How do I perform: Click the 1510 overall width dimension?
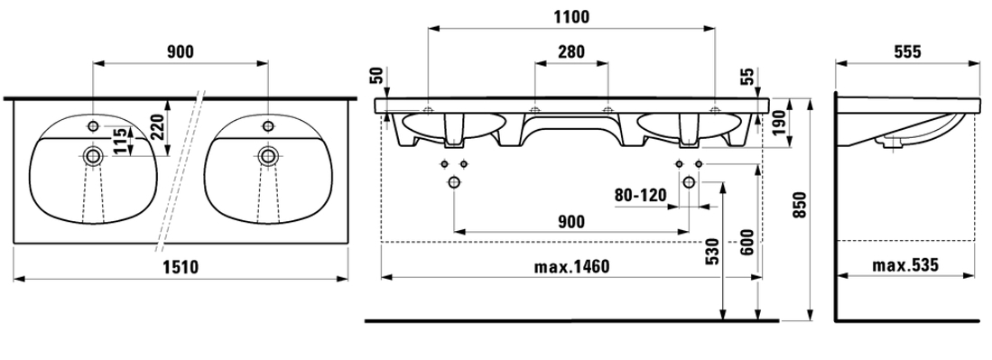coord(181,268)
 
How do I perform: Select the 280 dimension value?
coord(571,52)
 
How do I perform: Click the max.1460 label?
coord(571,266)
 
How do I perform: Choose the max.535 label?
coord(905,265)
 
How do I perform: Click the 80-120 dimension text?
coord(641,195)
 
